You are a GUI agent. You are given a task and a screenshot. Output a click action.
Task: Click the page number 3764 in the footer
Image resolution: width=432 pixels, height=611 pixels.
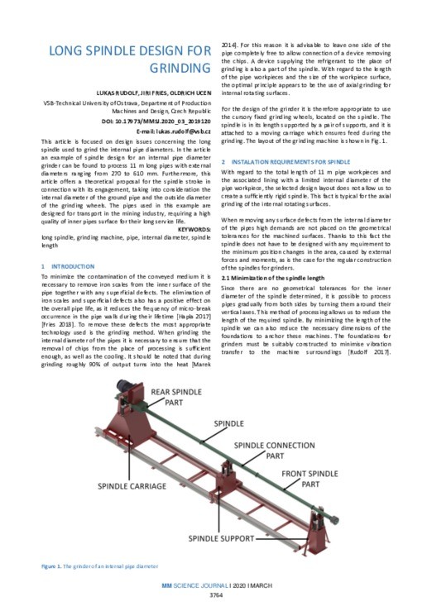click(218, 594)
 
